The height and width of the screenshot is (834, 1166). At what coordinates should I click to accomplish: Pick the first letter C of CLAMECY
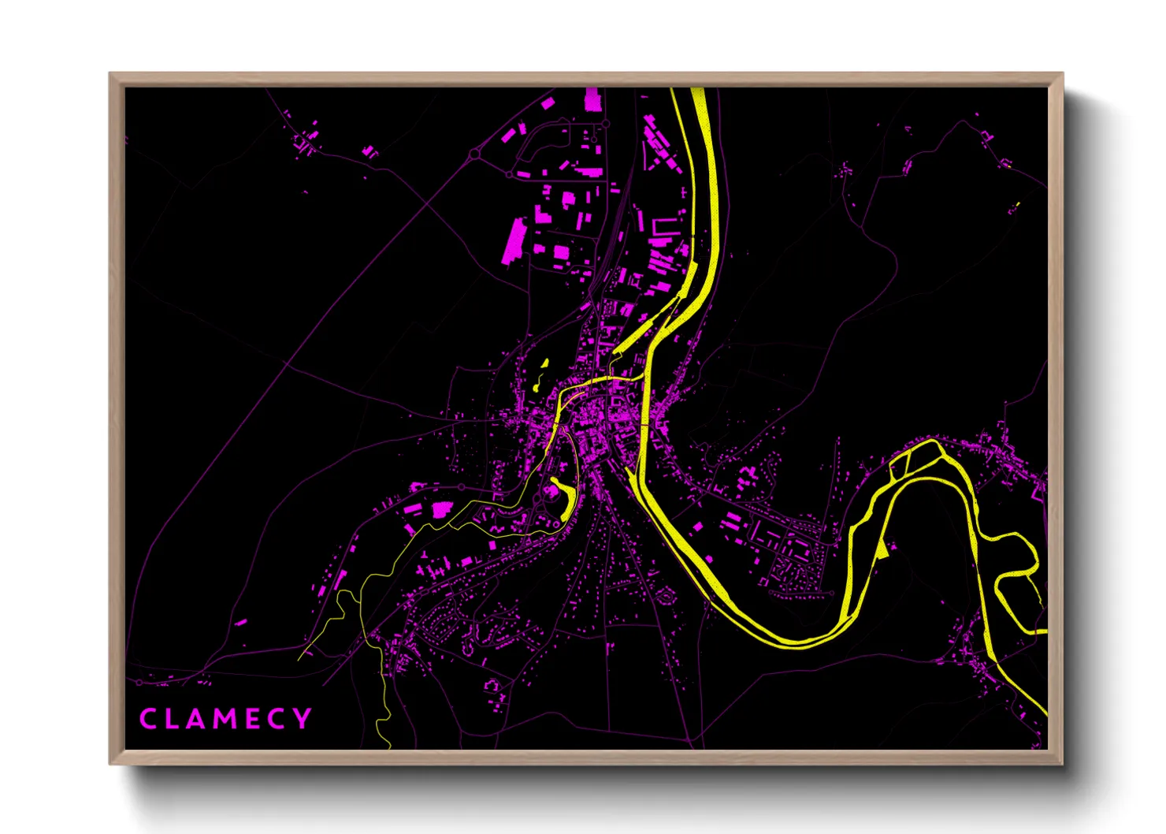click(147, 719)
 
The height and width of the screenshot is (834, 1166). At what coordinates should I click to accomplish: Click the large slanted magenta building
click(514, 240)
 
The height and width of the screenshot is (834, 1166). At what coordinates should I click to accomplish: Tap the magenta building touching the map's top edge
click(592, 99)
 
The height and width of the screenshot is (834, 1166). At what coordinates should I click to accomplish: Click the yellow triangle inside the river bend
click(882, 549)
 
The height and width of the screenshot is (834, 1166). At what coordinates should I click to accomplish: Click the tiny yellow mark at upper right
click(1017, 205)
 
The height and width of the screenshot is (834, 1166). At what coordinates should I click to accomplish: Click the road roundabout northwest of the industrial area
click(474, 155)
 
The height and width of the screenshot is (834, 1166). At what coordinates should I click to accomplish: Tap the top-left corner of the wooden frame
click(110, 74)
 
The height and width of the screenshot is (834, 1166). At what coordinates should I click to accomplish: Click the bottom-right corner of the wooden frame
click(1062, 763)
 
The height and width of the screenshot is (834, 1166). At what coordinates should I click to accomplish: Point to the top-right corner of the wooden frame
click(1062, 74)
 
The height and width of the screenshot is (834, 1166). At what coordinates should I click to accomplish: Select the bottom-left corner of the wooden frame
click(110, 763)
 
